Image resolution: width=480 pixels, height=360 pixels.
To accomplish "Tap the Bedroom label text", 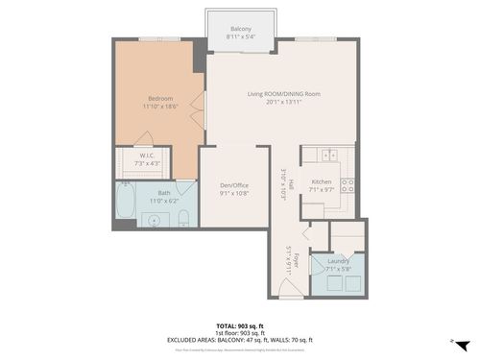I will (x=159, y=97).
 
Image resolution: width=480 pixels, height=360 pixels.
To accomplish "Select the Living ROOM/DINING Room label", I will (x=283, y=93).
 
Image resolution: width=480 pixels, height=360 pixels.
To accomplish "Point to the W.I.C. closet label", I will (x=147, y=155).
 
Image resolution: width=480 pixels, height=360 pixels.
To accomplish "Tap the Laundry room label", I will (x=338, y=260).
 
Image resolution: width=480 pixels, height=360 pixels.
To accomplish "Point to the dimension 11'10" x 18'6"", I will (x=159, y=106).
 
